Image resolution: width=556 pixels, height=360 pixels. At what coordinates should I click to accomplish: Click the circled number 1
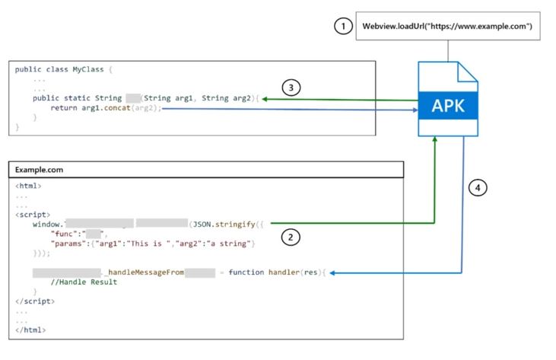(343, 27)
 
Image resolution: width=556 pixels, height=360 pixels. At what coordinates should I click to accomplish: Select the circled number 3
(291, 88)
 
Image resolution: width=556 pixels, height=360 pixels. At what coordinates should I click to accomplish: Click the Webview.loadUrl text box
(446, 27)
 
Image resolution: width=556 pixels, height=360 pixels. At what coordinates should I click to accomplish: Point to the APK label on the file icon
(448, 106)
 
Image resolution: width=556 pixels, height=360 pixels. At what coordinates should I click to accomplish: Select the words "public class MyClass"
(60, 69)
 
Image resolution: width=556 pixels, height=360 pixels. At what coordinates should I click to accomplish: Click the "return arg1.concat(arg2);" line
(106, 108)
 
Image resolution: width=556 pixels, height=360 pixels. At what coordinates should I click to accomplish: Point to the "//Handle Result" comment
(84, 282)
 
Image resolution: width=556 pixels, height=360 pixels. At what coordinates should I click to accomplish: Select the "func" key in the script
(65, 234)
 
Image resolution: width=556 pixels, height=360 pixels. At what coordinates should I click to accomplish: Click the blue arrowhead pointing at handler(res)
(332, 272)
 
